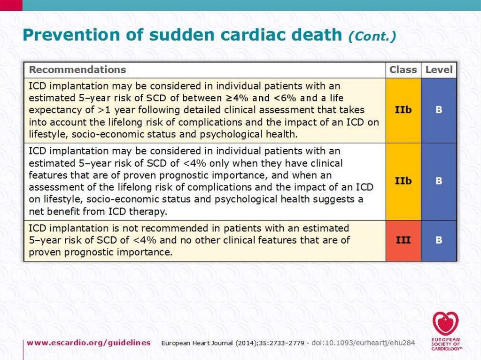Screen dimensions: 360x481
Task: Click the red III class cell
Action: click(403, 240)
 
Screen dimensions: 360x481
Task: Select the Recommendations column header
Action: click(78, 70)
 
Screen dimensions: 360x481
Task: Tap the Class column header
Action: click(403, 70)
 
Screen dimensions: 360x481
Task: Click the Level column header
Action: click(439, 70)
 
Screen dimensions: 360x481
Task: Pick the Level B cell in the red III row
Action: click(439, 240)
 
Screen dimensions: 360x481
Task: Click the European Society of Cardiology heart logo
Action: click(445, 324)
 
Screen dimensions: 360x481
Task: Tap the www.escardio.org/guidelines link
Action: click(89, 343)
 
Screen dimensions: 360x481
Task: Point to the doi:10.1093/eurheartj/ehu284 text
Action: click(364, 343)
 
